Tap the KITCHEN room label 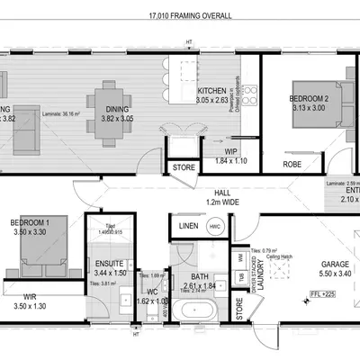click(x=212, y=91)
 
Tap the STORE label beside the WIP click(x=184, y=167)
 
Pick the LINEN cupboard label click(x=188, y=226)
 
